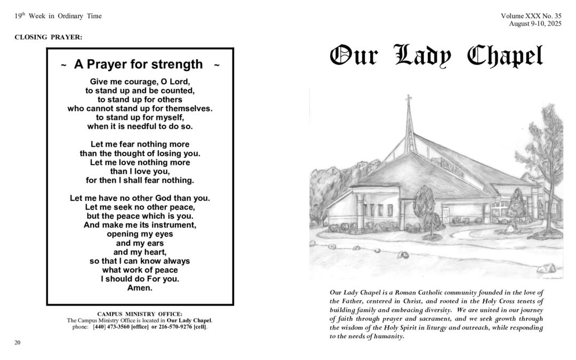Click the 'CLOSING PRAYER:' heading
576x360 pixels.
tap(48, 37)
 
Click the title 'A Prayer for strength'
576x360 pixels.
tap(138, 65)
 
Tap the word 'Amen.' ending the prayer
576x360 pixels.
tap(140, 287)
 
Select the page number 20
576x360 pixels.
tap(17, 342)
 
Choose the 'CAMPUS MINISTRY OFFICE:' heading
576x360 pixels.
tap(140, 314)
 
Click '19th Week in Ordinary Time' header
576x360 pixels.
tap(58, 16)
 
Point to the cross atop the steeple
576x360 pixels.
tap(409, 100)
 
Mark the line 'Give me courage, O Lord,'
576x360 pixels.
tap(140, 82)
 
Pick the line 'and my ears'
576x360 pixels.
tap(140, 243)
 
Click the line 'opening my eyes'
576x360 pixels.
tap(140, 234)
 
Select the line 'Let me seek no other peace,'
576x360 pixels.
tap(140, 206)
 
